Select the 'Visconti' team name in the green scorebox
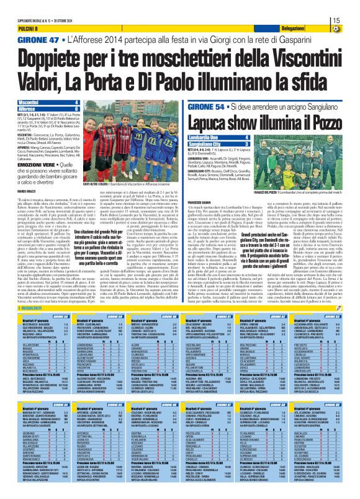click(x=28, y=101)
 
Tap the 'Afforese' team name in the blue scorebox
click(x=27, y=107)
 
